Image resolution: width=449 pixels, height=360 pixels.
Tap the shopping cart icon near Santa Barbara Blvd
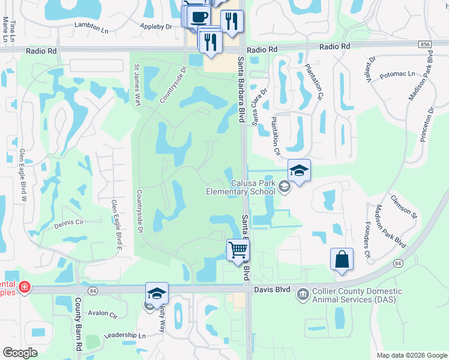(x=238, y=250)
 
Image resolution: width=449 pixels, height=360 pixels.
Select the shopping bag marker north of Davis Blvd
(x=342, y=259)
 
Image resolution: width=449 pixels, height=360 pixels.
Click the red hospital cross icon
(x=24, y=287)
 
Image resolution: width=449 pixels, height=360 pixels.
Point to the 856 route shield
(x=426, y=44)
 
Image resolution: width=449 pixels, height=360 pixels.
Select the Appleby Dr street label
(x=155, y=26)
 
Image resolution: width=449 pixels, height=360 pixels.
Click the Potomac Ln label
(x=397, y=74)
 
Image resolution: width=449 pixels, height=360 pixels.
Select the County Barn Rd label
(x=79, y=325)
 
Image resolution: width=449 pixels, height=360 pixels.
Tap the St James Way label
(x=137, y=84)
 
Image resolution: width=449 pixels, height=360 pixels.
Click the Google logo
(x=20, y=353)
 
